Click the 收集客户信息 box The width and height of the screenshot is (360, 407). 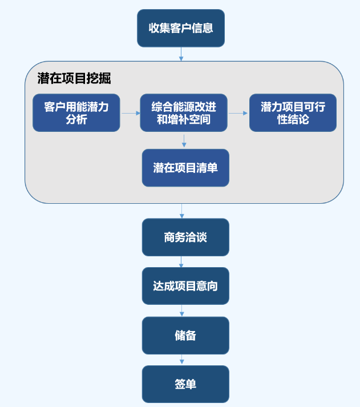pos(181,28)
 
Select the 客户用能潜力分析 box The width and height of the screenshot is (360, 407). pos(76,113)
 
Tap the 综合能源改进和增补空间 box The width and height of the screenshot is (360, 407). pos(184,113)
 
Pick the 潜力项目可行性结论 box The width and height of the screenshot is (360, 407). pos(293,113)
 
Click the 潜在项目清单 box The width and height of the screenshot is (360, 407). pos(185,168)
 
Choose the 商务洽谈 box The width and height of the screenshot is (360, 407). pos(185,237)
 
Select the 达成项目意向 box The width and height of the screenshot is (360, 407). pos(185,286)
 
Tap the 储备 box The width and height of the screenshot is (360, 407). pos(185,335)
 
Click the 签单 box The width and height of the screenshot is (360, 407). pos(185,384)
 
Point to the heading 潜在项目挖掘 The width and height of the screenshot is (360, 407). pos(74,79)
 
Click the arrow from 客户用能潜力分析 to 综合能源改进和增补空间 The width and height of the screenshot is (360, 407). pos(130,113)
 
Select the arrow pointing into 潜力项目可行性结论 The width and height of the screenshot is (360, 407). pos(238,113)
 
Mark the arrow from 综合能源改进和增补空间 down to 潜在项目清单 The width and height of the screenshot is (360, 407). pos(184,140)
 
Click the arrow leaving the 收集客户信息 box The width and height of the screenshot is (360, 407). pos(181,54)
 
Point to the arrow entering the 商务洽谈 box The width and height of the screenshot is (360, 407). pos(182,211)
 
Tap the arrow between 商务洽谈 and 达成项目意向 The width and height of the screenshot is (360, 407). pos(182,261)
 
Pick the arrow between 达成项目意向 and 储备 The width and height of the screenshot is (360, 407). pos(182,311)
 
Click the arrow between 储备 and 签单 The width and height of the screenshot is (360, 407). pos(182,360)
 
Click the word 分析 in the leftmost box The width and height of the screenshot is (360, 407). pos(76,119)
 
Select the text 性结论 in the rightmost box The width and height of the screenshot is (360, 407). pos(293,119)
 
